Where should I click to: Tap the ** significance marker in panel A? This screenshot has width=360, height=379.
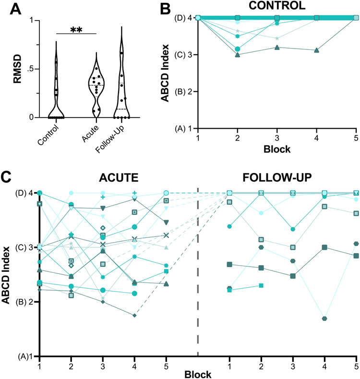(76, 30)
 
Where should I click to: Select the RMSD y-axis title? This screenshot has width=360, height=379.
(9, 69)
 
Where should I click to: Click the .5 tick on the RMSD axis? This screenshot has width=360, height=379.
(21, 69)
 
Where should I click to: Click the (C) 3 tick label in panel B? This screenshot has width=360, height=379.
(182, 54)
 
